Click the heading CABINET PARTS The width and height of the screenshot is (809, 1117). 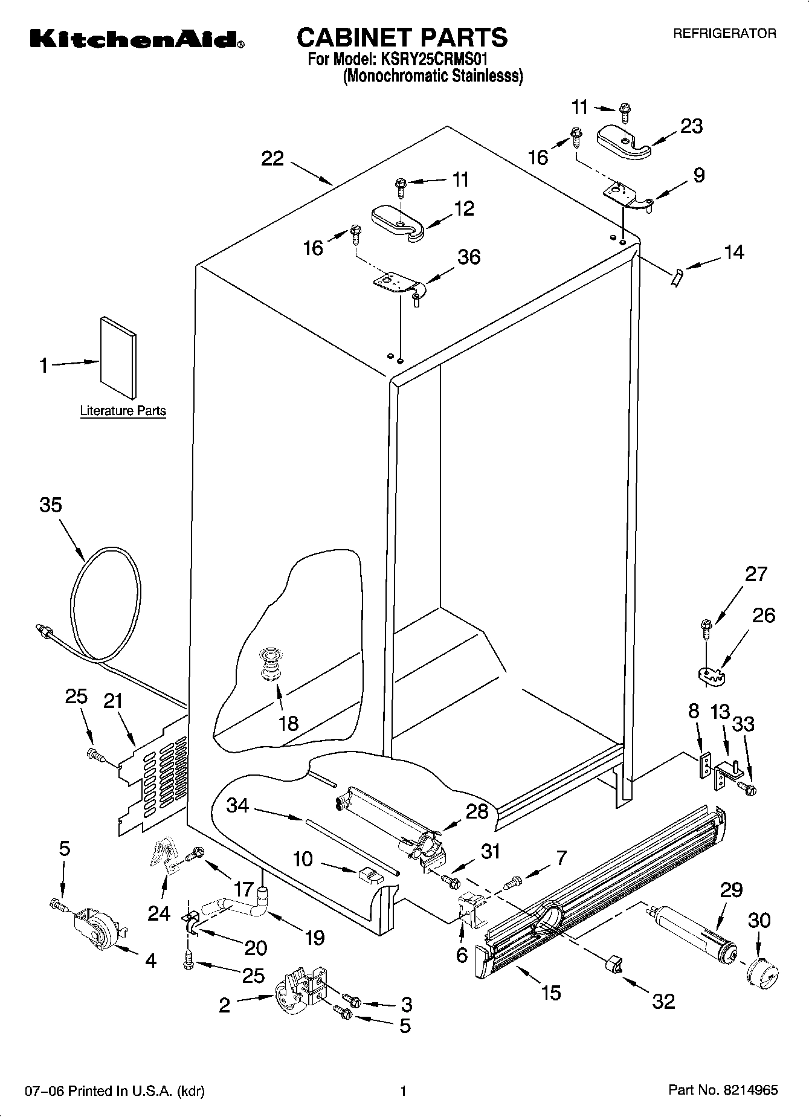click(402, 37)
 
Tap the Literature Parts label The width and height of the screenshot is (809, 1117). click(123, 411)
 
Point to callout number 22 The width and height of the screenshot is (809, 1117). click(272, 159)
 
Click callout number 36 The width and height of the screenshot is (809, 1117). click(469, 257)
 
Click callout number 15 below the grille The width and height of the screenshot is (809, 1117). click(551, 993)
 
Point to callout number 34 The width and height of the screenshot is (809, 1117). click(237, 805)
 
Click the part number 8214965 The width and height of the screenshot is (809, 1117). click(748, 1090)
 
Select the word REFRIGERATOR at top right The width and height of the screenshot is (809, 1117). click(724, 34)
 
